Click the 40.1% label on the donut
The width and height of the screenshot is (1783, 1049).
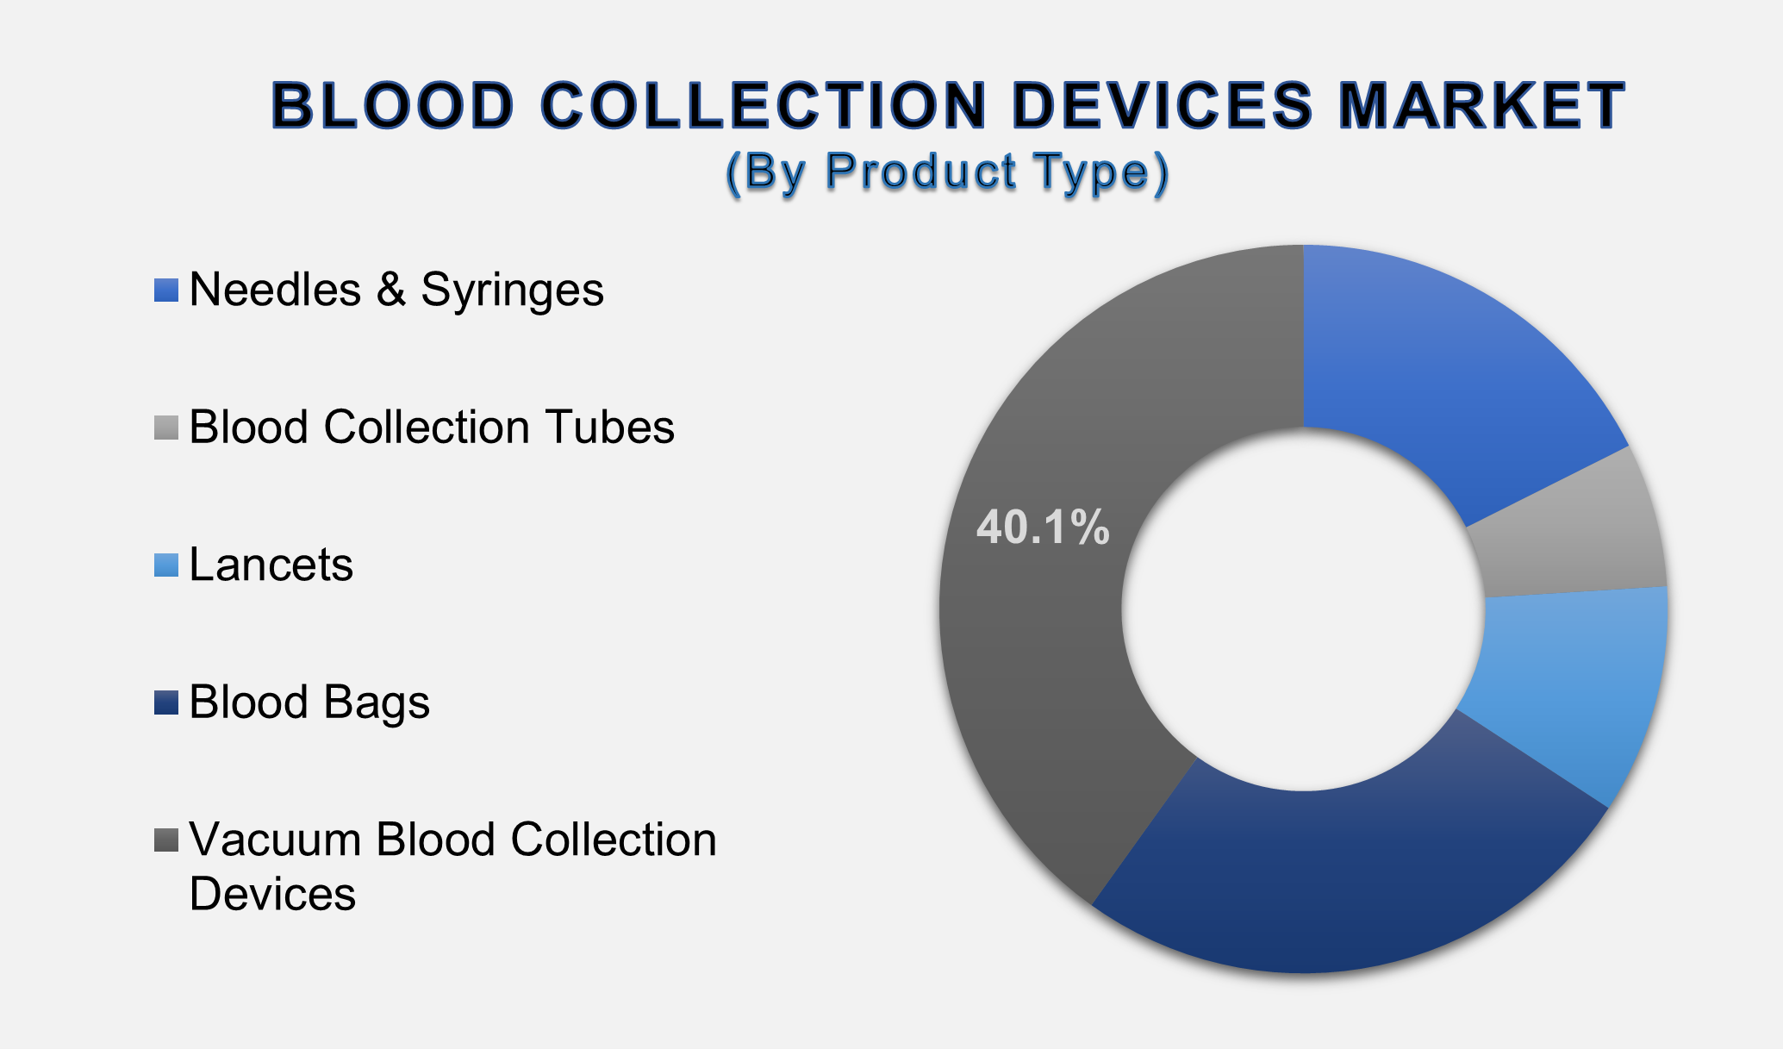1042,527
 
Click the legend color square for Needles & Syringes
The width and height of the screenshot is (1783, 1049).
166,290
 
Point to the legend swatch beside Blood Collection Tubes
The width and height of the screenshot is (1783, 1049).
166,428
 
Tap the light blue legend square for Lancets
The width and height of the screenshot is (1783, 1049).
166,565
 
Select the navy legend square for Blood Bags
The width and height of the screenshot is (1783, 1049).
166,702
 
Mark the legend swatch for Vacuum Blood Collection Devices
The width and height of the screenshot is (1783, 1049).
166,840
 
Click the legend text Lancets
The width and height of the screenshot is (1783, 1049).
271,565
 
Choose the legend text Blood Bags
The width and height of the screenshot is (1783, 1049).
309,702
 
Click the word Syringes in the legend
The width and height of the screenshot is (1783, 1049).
512,290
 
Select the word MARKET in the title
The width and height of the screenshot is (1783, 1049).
1481,107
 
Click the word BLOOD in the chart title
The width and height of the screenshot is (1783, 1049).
392,107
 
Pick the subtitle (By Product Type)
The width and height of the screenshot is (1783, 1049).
947,171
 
